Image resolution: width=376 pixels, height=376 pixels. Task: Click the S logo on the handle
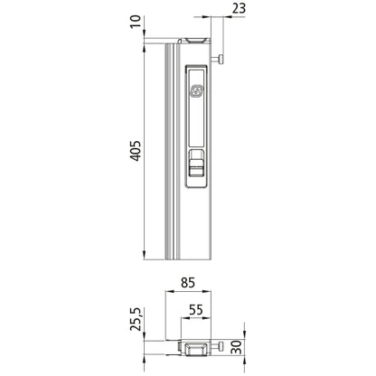(197, 90)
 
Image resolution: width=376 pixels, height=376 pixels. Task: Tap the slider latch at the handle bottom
(196, 166)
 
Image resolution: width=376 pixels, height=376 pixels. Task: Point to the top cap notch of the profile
(196, 42)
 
